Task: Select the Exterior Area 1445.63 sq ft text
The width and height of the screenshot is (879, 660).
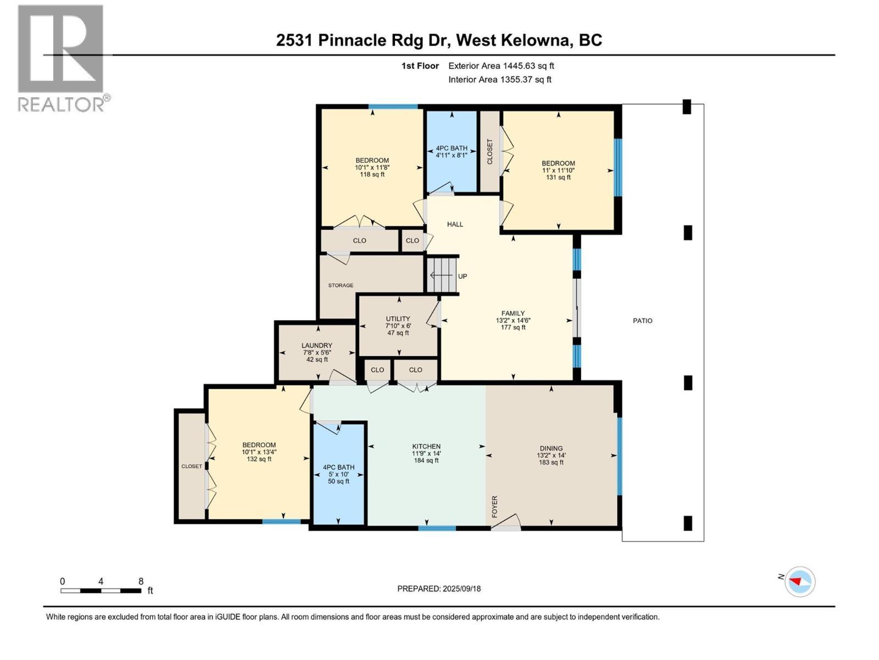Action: tap(501, 66)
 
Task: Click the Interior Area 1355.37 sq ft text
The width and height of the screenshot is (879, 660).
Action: tap(499, 80)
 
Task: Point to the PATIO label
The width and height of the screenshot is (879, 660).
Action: tap(642, 321)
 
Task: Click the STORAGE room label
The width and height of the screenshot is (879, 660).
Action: tap(341, 285)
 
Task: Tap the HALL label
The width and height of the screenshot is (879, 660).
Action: tap(455, 224)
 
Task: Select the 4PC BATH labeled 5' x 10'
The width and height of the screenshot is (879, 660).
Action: tap(338, 474)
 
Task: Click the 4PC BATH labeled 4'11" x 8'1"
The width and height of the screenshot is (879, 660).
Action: tap(452, 152)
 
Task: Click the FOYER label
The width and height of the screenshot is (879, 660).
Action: tap(494, 506)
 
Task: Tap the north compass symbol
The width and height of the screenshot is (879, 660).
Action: tap(800, 581)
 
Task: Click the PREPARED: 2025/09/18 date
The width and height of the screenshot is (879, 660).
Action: tap(439, 588)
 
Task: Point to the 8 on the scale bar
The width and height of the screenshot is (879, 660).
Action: tap(141, 581)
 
